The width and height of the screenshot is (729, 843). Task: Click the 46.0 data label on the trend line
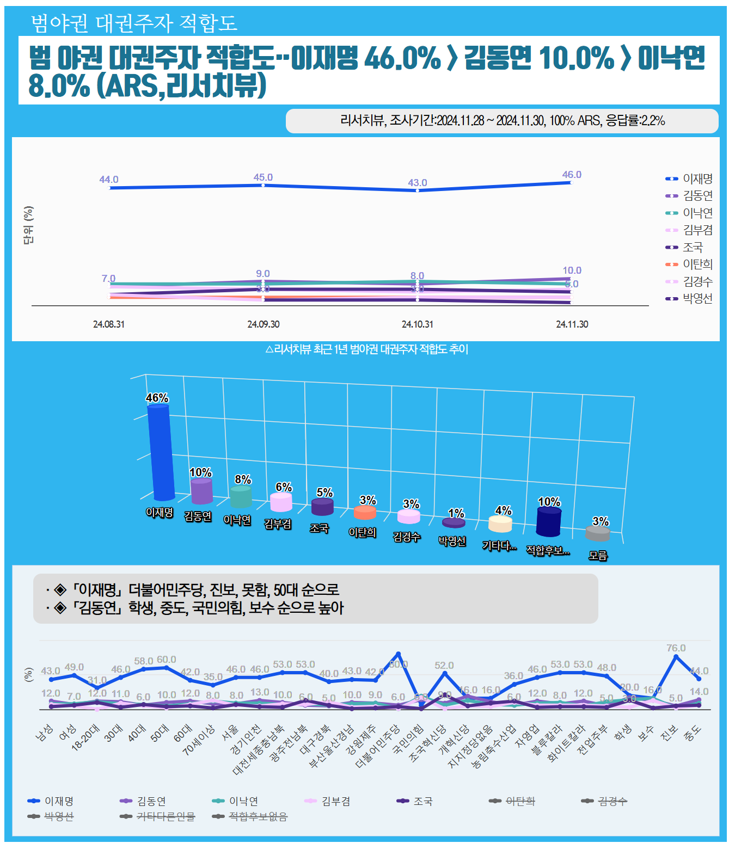[572, 175]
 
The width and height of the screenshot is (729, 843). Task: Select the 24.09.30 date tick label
[263, 324]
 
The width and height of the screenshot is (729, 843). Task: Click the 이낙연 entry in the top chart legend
[697, 213]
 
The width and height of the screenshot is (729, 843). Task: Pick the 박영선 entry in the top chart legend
[697, 298]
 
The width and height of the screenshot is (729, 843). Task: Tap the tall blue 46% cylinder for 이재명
[161, 452]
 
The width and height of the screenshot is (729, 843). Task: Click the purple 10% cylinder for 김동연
[201, 491]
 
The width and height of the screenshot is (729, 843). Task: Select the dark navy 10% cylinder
[548, 521]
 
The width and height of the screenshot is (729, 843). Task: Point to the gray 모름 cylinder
[597, 533]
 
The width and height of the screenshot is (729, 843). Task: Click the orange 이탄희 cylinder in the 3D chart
[365, 512]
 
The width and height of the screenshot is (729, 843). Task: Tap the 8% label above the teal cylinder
[243, 479]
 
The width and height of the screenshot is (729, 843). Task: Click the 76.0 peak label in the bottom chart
[676, 648]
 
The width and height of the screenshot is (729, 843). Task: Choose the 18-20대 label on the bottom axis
[85, 738]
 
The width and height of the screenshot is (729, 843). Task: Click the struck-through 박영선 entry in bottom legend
[59, 816]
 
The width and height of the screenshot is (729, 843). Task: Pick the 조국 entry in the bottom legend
[423, 801]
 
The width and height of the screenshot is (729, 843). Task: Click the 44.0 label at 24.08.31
[109, 180]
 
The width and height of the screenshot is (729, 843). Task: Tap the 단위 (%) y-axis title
[28, 225]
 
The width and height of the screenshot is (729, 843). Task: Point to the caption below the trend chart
[366, 349]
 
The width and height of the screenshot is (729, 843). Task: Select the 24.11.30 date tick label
[572, 324]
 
